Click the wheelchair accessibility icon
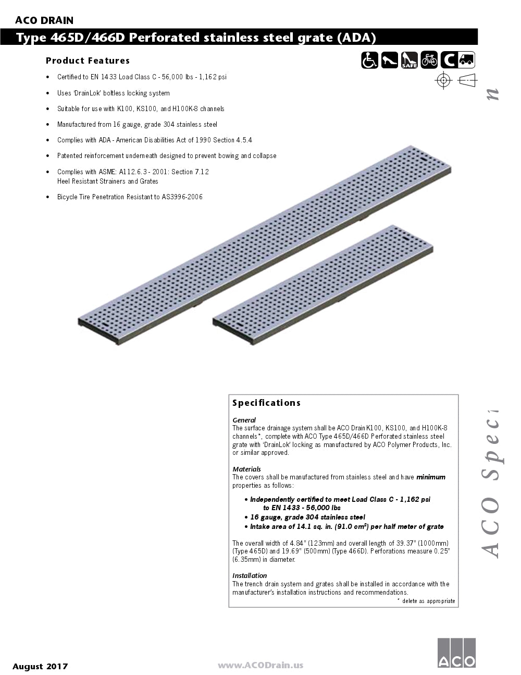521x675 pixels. point(369,61)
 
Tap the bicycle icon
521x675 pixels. point(429,61)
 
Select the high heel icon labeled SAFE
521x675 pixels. point(409,61)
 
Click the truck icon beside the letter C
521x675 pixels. point(467,61)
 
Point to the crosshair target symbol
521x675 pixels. point(443,80)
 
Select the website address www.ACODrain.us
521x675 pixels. point(260,665)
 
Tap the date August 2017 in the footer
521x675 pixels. point(40,666)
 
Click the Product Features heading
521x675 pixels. point(88,61)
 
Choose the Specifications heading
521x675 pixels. point(266,403)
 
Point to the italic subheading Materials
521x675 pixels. point(246,469)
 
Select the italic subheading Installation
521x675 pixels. point(250,576)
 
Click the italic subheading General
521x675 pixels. point(244,420)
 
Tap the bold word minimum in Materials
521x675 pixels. point(430,477)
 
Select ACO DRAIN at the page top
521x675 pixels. point(44,21)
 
